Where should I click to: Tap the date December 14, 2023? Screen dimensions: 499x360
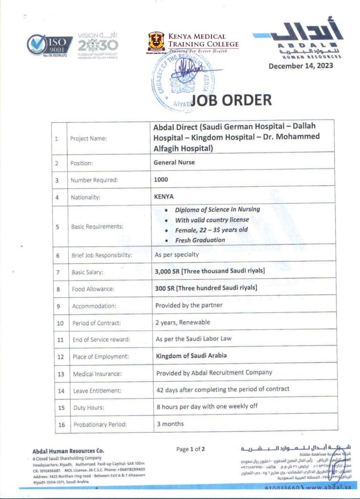(301, 66)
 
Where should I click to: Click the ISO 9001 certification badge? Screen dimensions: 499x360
(49, 46)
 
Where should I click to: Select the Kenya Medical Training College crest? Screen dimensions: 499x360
(156, 42)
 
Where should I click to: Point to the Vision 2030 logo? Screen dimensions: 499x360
(97, 46)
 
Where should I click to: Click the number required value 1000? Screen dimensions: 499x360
(161, 179)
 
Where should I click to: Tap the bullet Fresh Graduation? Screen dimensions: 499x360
(200, 240)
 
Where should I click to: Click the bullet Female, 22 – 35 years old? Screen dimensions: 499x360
(211, 230)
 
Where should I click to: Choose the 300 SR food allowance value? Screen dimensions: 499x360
(206, 288)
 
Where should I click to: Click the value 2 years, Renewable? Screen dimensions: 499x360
(183, 322)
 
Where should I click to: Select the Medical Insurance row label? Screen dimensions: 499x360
(97, 374)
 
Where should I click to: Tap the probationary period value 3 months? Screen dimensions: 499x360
(170, 423)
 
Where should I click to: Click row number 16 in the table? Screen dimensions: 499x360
(61, 424)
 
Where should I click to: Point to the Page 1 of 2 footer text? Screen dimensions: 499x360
(190, 449)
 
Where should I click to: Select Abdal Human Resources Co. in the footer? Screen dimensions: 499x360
(68, 451)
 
